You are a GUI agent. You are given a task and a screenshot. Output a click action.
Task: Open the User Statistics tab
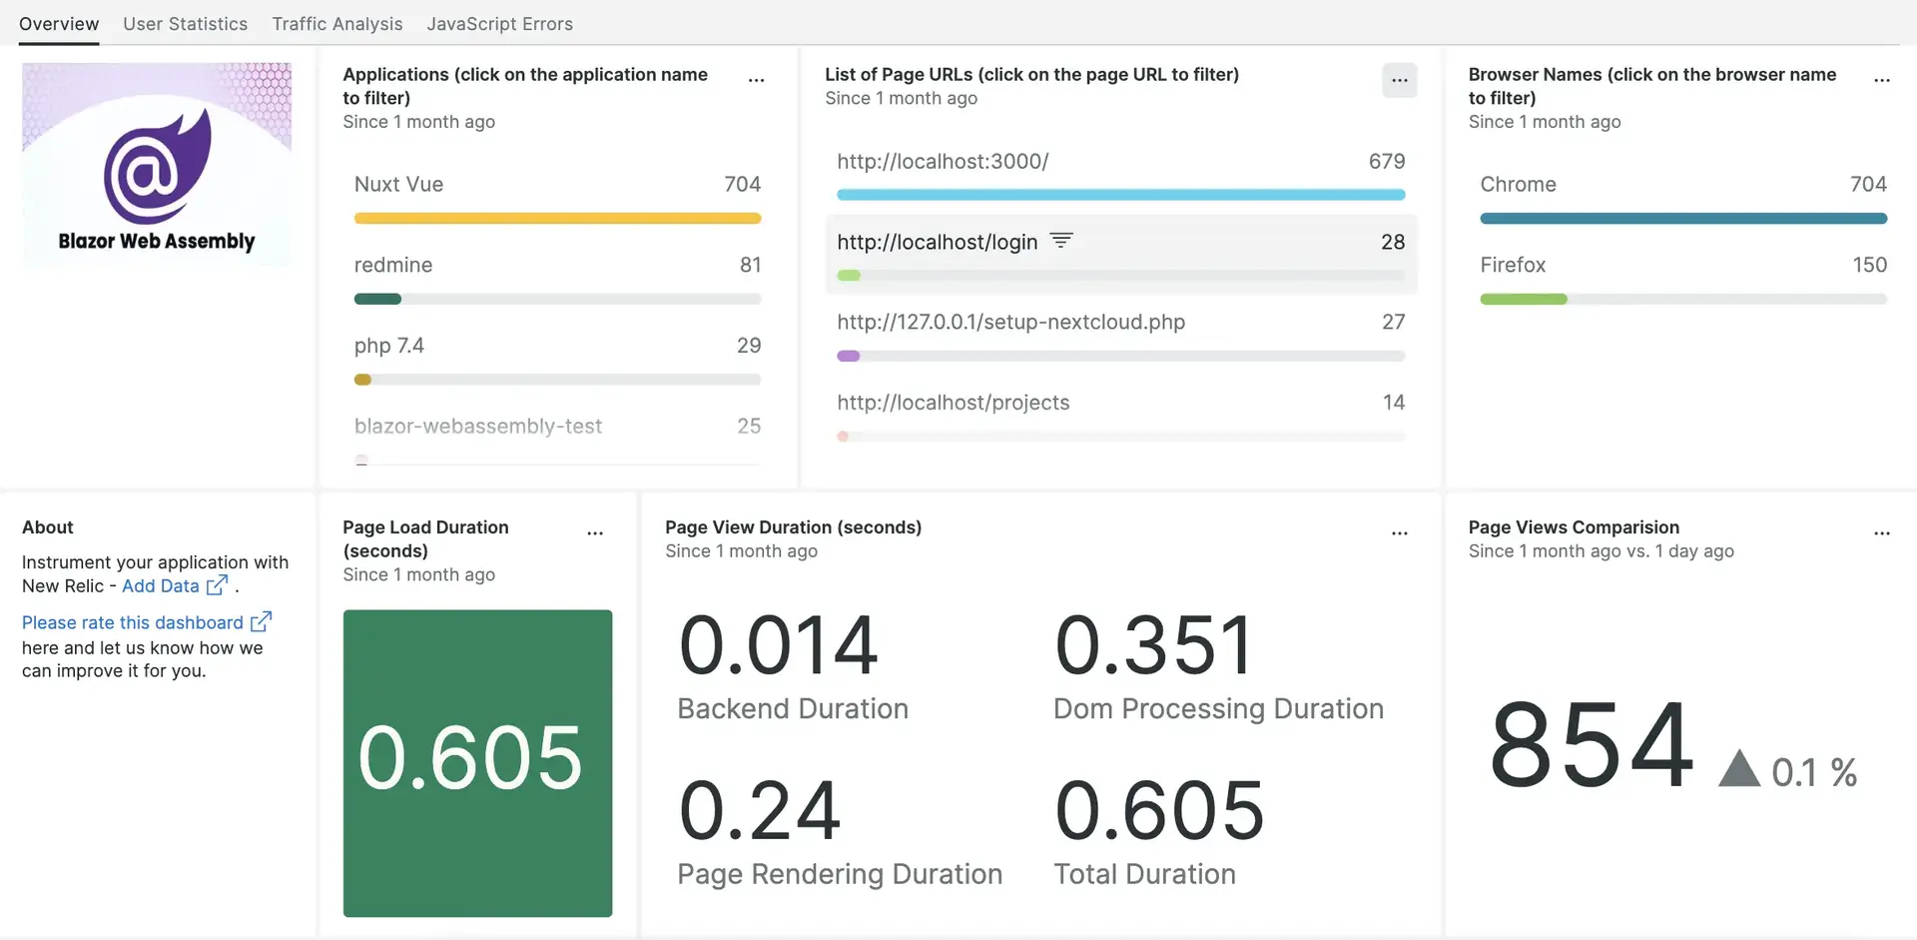185,24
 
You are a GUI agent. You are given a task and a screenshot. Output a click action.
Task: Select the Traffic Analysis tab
337,24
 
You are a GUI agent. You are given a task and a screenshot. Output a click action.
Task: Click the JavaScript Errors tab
499,24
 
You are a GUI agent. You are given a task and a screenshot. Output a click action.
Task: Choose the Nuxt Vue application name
398,185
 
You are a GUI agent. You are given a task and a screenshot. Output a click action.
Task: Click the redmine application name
393,265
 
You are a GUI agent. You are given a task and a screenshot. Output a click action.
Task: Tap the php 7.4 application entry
389,346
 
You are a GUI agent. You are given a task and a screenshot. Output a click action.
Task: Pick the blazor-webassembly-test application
478,427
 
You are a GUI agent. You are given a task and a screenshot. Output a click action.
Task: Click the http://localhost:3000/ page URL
943,162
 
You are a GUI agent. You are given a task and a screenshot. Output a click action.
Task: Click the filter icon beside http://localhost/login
1061,241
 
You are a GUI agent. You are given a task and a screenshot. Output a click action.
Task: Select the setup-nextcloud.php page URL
1010,322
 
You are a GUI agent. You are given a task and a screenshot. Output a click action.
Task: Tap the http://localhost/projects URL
953,403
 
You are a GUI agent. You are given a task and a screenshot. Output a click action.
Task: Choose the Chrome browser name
1518,185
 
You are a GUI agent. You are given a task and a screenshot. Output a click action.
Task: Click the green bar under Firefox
1524,300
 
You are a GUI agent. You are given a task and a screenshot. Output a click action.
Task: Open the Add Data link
161,586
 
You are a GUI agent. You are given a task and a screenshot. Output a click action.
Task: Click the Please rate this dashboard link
133,623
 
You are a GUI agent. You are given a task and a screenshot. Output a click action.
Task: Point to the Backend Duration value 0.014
778,645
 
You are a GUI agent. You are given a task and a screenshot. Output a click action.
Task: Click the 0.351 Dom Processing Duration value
1153,645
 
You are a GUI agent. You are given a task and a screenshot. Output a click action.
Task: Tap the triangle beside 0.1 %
1738,769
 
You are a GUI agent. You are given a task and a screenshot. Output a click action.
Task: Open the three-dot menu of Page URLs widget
1399,81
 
